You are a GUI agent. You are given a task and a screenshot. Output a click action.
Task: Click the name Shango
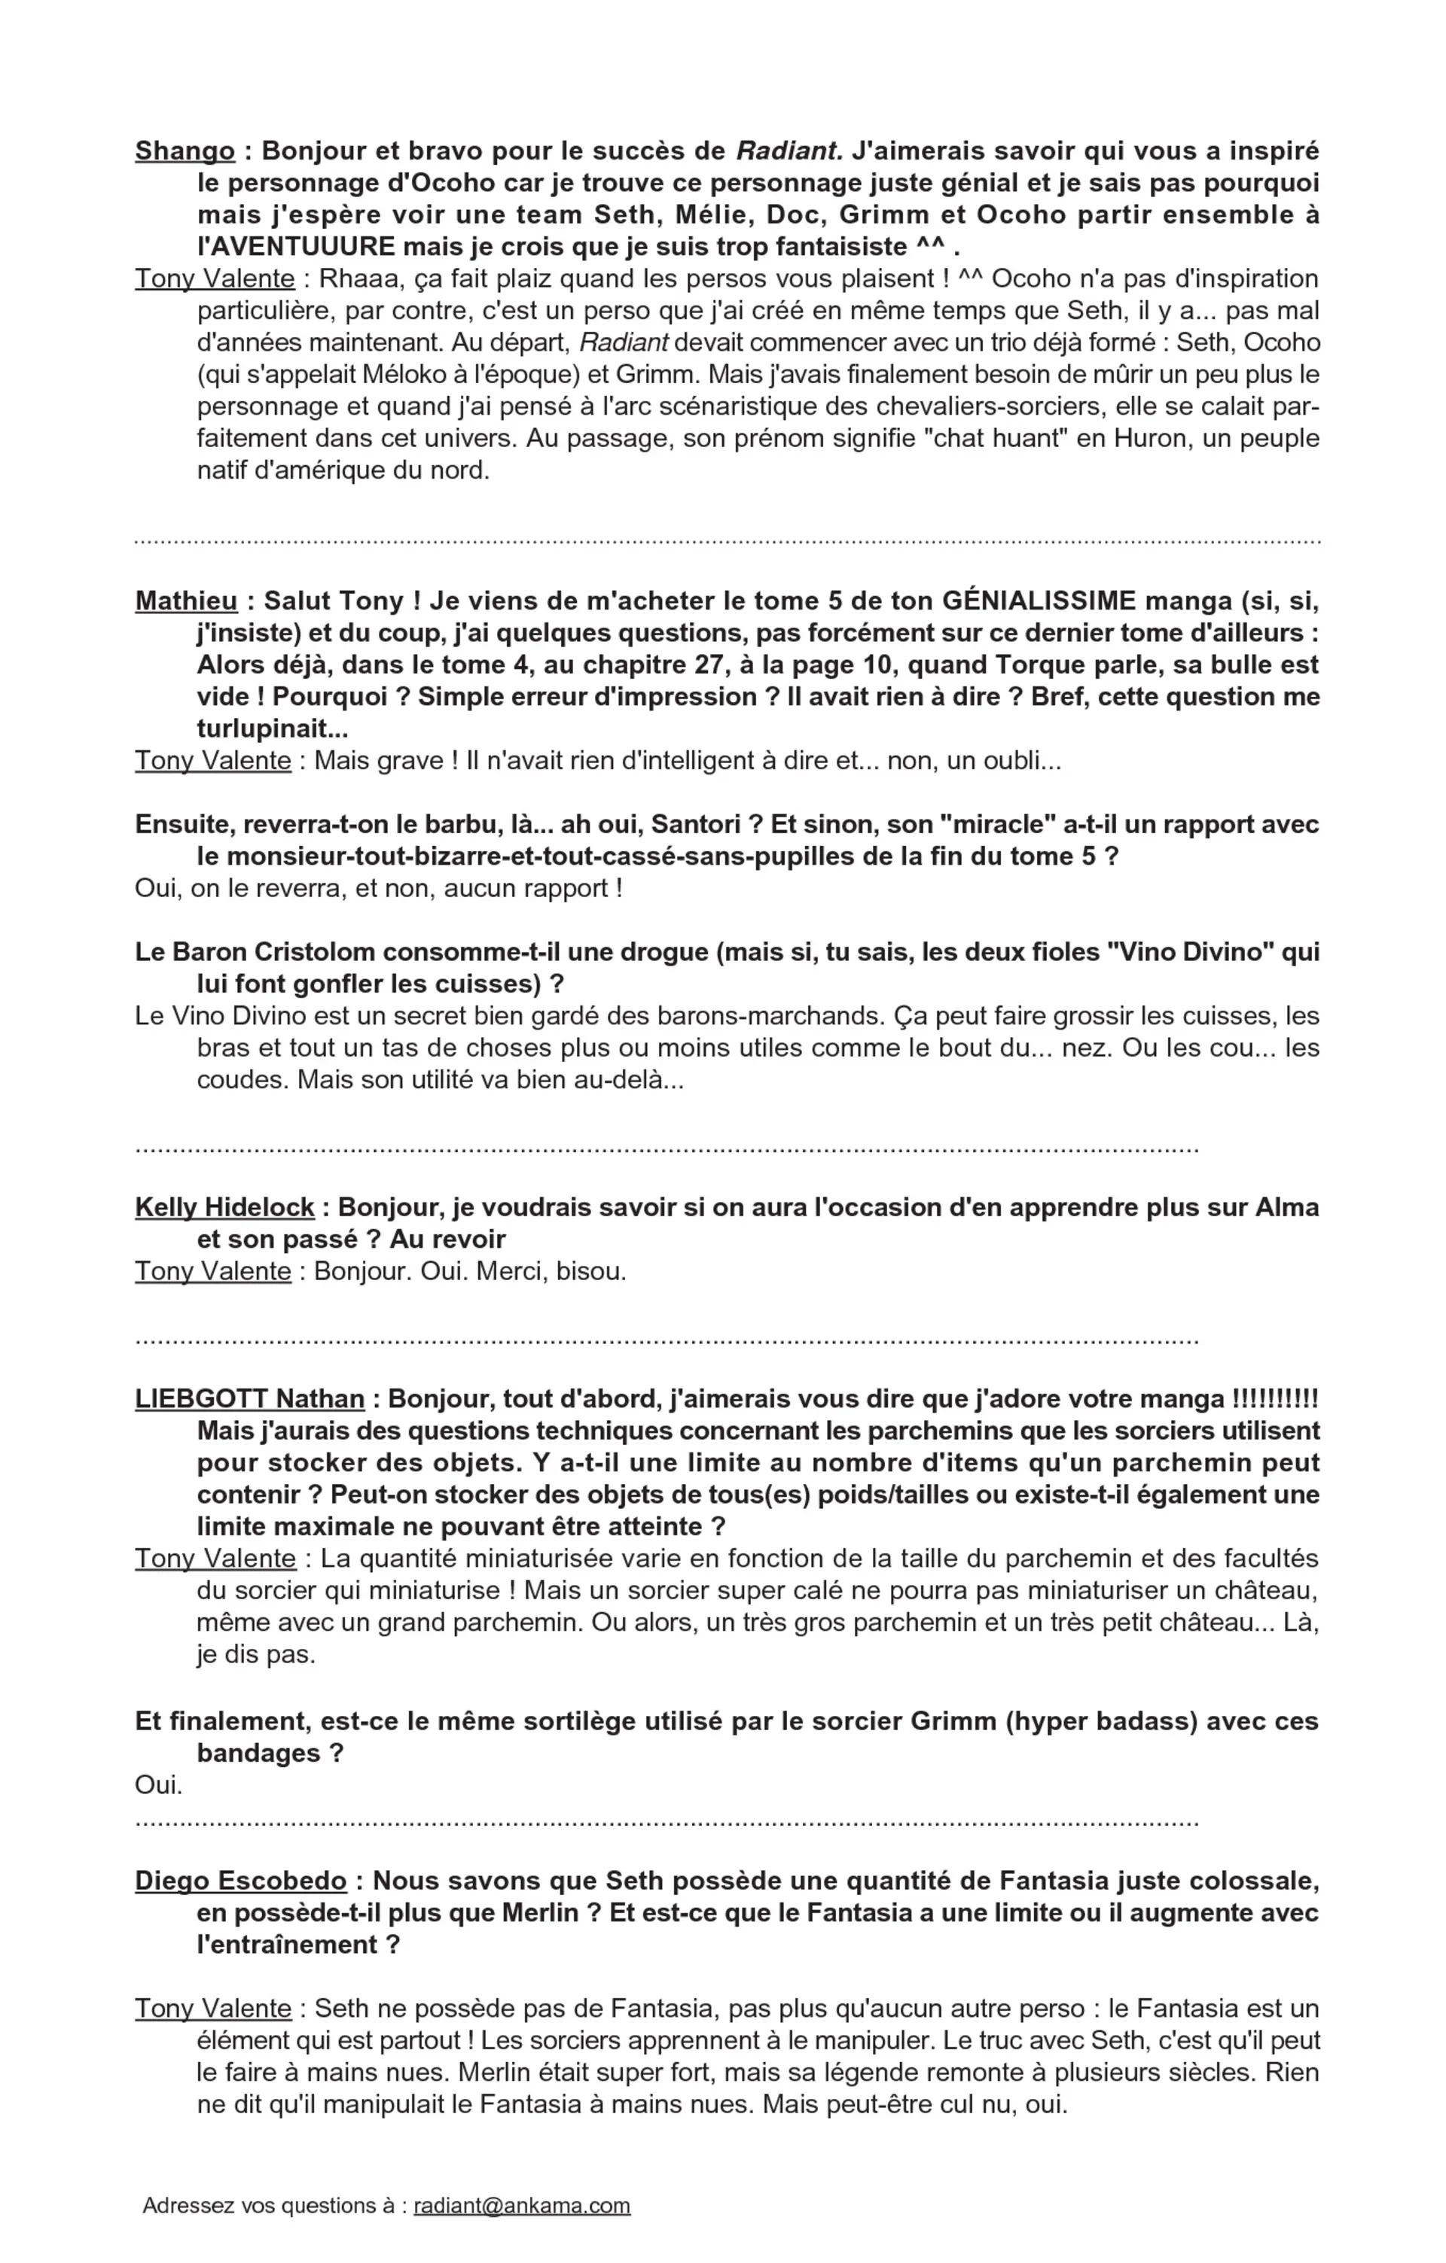[x=185, y=151]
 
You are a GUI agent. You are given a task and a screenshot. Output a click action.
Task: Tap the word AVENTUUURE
[x=296, y=247]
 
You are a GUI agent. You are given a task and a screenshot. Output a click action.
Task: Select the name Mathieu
[x=186, y=601]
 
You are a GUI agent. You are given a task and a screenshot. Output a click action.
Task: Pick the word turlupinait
[x=266, y=729]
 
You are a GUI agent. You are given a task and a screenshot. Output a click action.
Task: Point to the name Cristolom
[x=310, y=953]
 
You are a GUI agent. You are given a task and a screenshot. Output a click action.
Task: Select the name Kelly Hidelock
[x=224, y=1208]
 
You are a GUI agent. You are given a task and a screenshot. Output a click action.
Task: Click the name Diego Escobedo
[x=241, y=1881]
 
